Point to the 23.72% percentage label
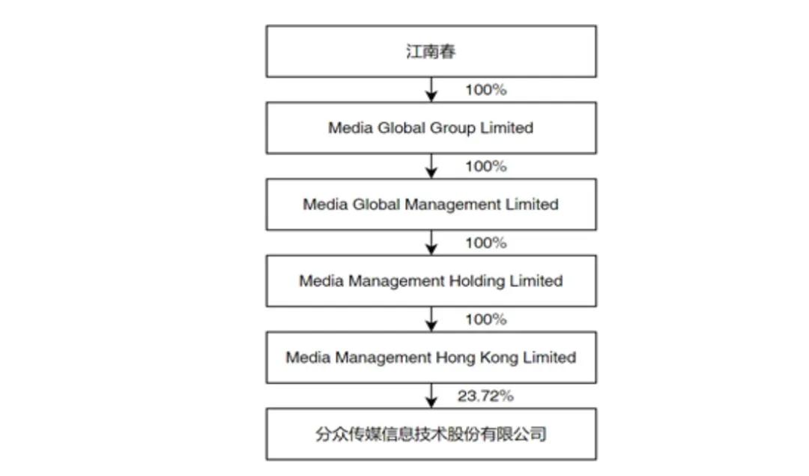tap(485, 396)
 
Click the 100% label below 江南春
tap(485, 90)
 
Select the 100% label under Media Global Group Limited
tap(485, 166)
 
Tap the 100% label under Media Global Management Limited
tap(485, 243)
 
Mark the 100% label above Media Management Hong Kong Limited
tap(485, 319)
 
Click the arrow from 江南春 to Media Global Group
tap(431, 90)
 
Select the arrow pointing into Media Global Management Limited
tap(431, 166)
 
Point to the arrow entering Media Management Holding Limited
tap(431, 243)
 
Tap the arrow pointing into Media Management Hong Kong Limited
tap(431, 319)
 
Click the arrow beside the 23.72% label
tap(431, 396)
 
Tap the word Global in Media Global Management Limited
tap(376, 205)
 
